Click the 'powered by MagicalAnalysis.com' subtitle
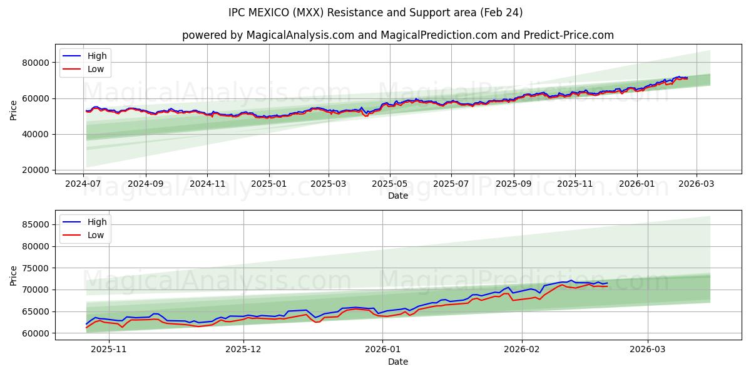pyautogui.click(x=398, y=35)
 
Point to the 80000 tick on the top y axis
pyautogui.click(x=35, y=63)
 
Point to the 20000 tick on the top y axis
pyautogui.click(x=35, y=170)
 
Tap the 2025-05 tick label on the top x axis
pyautogui.click(x=390, y=184)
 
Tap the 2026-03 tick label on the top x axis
pyautogui.click(x=696, y=184)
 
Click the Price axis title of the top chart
pyautogui.click(x=14, y=110)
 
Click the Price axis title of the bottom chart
pyautogui.click(x=14, y=275)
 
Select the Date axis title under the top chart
pyautogui.click(x=398, y=196)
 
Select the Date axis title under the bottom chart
pyautogui.click(x=398, y=362)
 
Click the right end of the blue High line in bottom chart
pyautogui.click(x=607, y=283)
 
